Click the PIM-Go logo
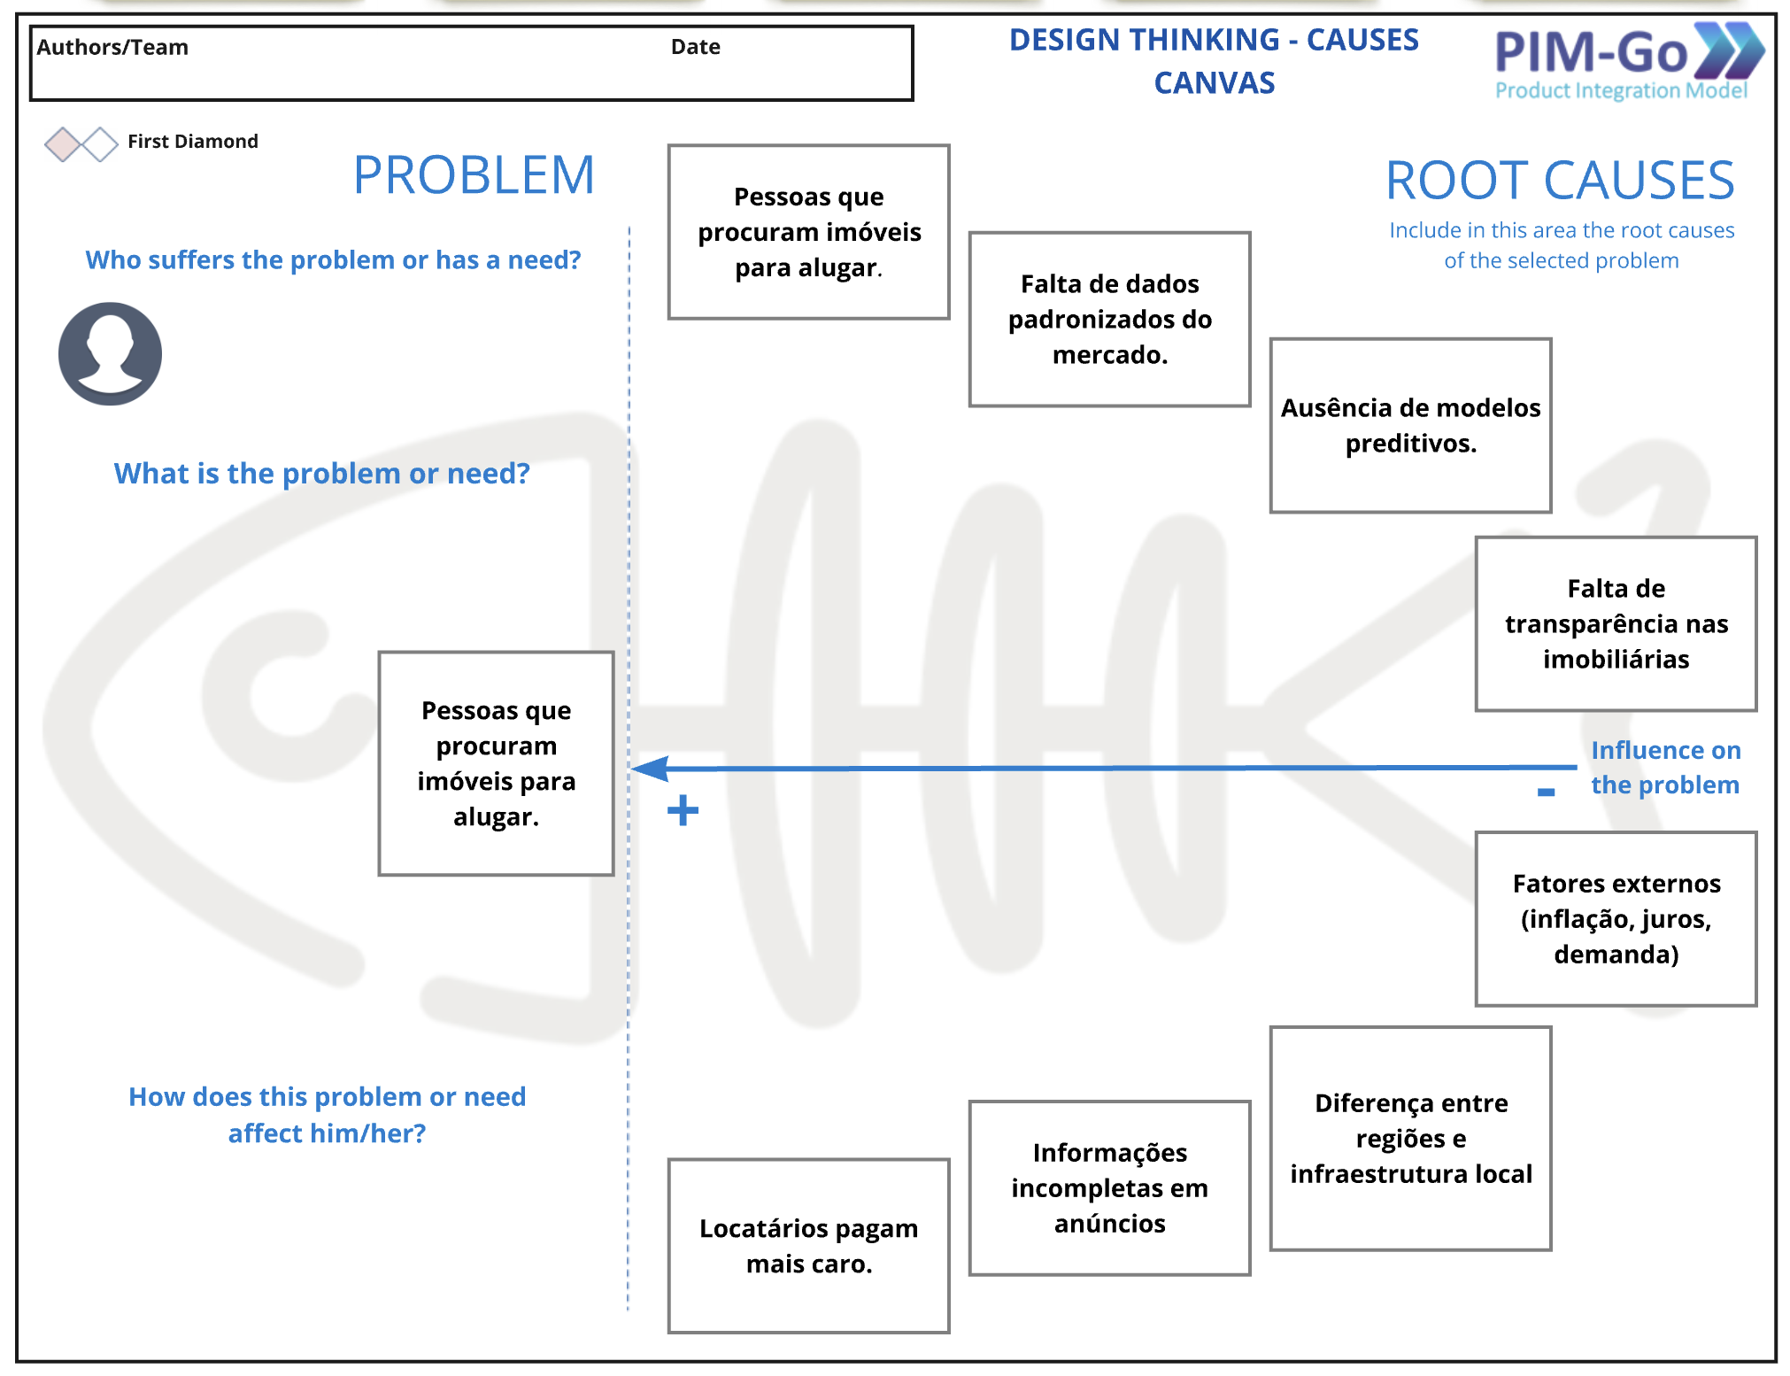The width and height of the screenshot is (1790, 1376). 1627,60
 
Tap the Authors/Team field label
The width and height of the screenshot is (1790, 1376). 112,47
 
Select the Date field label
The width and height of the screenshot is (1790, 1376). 695,47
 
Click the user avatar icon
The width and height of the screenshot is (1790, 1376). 110,354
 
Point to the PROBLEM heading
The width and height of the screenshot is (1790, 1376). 474,175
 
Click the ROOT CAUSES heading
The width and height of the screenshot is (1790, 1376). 1559,181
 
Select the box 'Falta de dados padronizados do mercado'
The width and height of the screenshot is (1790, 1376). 1109,320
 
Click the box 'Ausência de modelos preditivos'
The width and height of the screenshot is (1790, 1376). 1410,425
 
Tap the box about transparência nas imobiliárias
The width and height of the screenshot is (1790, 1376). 1616,623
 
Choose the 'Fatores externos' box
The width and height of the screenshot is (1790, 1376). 1616,918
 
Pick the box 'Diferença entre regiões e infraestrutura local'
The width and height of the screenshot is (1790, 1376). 1410,1138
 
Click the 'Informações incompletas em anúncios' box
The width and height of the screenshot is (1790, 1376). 1109,1187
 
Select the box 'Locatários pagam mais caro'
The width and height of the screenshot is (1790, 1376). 808,1246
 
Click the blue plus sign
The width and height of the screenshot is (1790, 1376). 683,810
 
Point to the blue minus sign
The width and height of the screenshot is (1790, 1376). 1546,792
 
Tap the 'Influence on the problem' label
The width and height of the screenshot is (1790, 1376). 1665,768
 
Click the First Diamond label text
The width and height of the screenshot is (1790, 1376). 193,142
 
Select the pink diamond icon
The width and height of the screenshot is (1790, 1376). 63,144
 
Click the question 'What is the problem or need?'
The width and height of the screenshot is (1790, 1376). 321,474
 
